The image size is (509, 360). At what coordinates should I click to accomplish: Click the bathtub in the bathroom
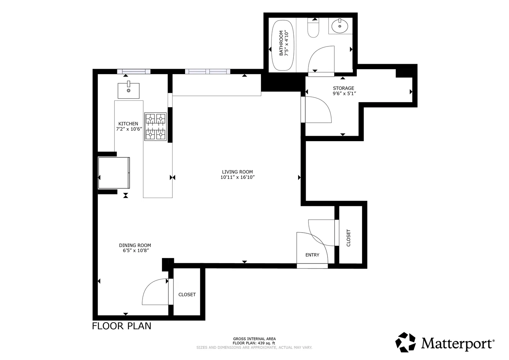(x=283, y=45)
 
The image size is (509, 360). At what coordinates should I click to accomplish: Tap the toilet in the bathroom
(x=313, y=27)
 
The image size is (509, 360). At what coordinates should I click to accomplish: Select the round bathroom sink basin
(x=340, y=26)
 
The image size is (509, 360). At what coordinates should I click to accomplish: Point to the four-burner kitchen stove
(x=156, y=126)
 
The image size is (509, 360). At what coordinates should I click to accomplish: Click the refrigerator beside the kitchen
(x=114, y=173)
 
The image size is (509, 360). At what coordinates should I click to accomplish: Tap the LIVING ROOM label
(x=238, y=172)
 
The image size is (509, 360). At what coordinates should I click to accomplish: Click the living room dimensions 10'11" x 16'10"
(x=238, y=177)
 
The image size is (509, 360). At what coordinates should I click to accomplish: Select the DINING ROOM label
(x=135, y=245)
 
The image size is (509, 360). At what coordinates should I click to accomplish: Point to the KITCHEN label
(x=128, y=123)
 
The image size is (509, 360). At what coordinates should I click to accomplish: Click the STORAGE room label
(x=343, y=88)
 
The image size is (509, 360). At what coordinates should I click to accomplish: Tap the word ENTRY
(x=312, y=255)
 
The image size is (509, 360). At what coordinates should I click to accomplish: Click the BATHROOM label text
(x=281, y=43)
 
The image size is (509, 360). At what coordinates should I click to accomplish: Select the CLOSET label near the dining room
(x=187, y=294)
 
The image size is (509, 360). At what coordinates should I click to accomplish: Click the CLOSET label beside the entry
(x=348, y=238)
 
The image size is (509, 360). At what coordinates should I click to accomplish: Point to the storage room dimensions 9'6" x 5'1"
(x=344, y=93)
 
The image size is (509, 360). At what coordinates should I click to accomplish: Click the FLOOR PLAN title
(x=122, y=326)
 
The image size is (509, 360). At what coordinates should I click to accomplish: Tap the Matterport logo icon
(x=405, y=342)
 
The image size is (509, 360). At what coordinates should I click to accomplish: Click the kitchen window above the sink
(x=134, y=71)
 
